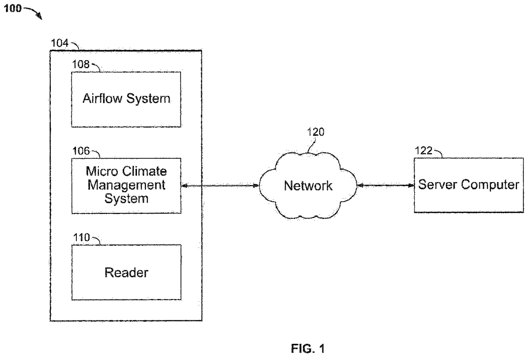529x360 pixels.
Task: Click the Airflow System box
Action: point(126,99)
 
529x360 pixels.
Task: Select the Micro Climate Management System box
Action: point(126,186)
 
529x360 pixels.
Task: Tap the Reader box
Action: point(126,272)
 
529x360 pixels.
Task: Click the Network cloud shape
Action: point(308,186)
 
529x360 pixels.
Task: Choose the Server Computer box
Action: point(468,185)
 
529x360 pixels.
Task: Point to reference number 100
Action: point(13,8)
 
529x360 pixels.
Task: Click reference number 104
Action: point(59,43)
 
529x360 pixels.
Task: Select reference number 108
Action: point(81,64)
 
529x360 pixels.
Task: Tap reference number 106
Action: point(81,151)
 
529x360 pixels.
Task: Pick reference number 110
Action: point(81,237)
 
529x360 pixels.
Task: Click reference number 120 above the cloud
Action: point(315,132)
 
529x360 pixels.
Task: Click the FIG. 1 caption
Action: point(308,349)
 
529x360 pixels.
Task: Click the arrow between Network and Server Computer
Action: point(385,186)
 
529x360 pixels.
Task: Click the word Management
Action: point(126,185)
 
